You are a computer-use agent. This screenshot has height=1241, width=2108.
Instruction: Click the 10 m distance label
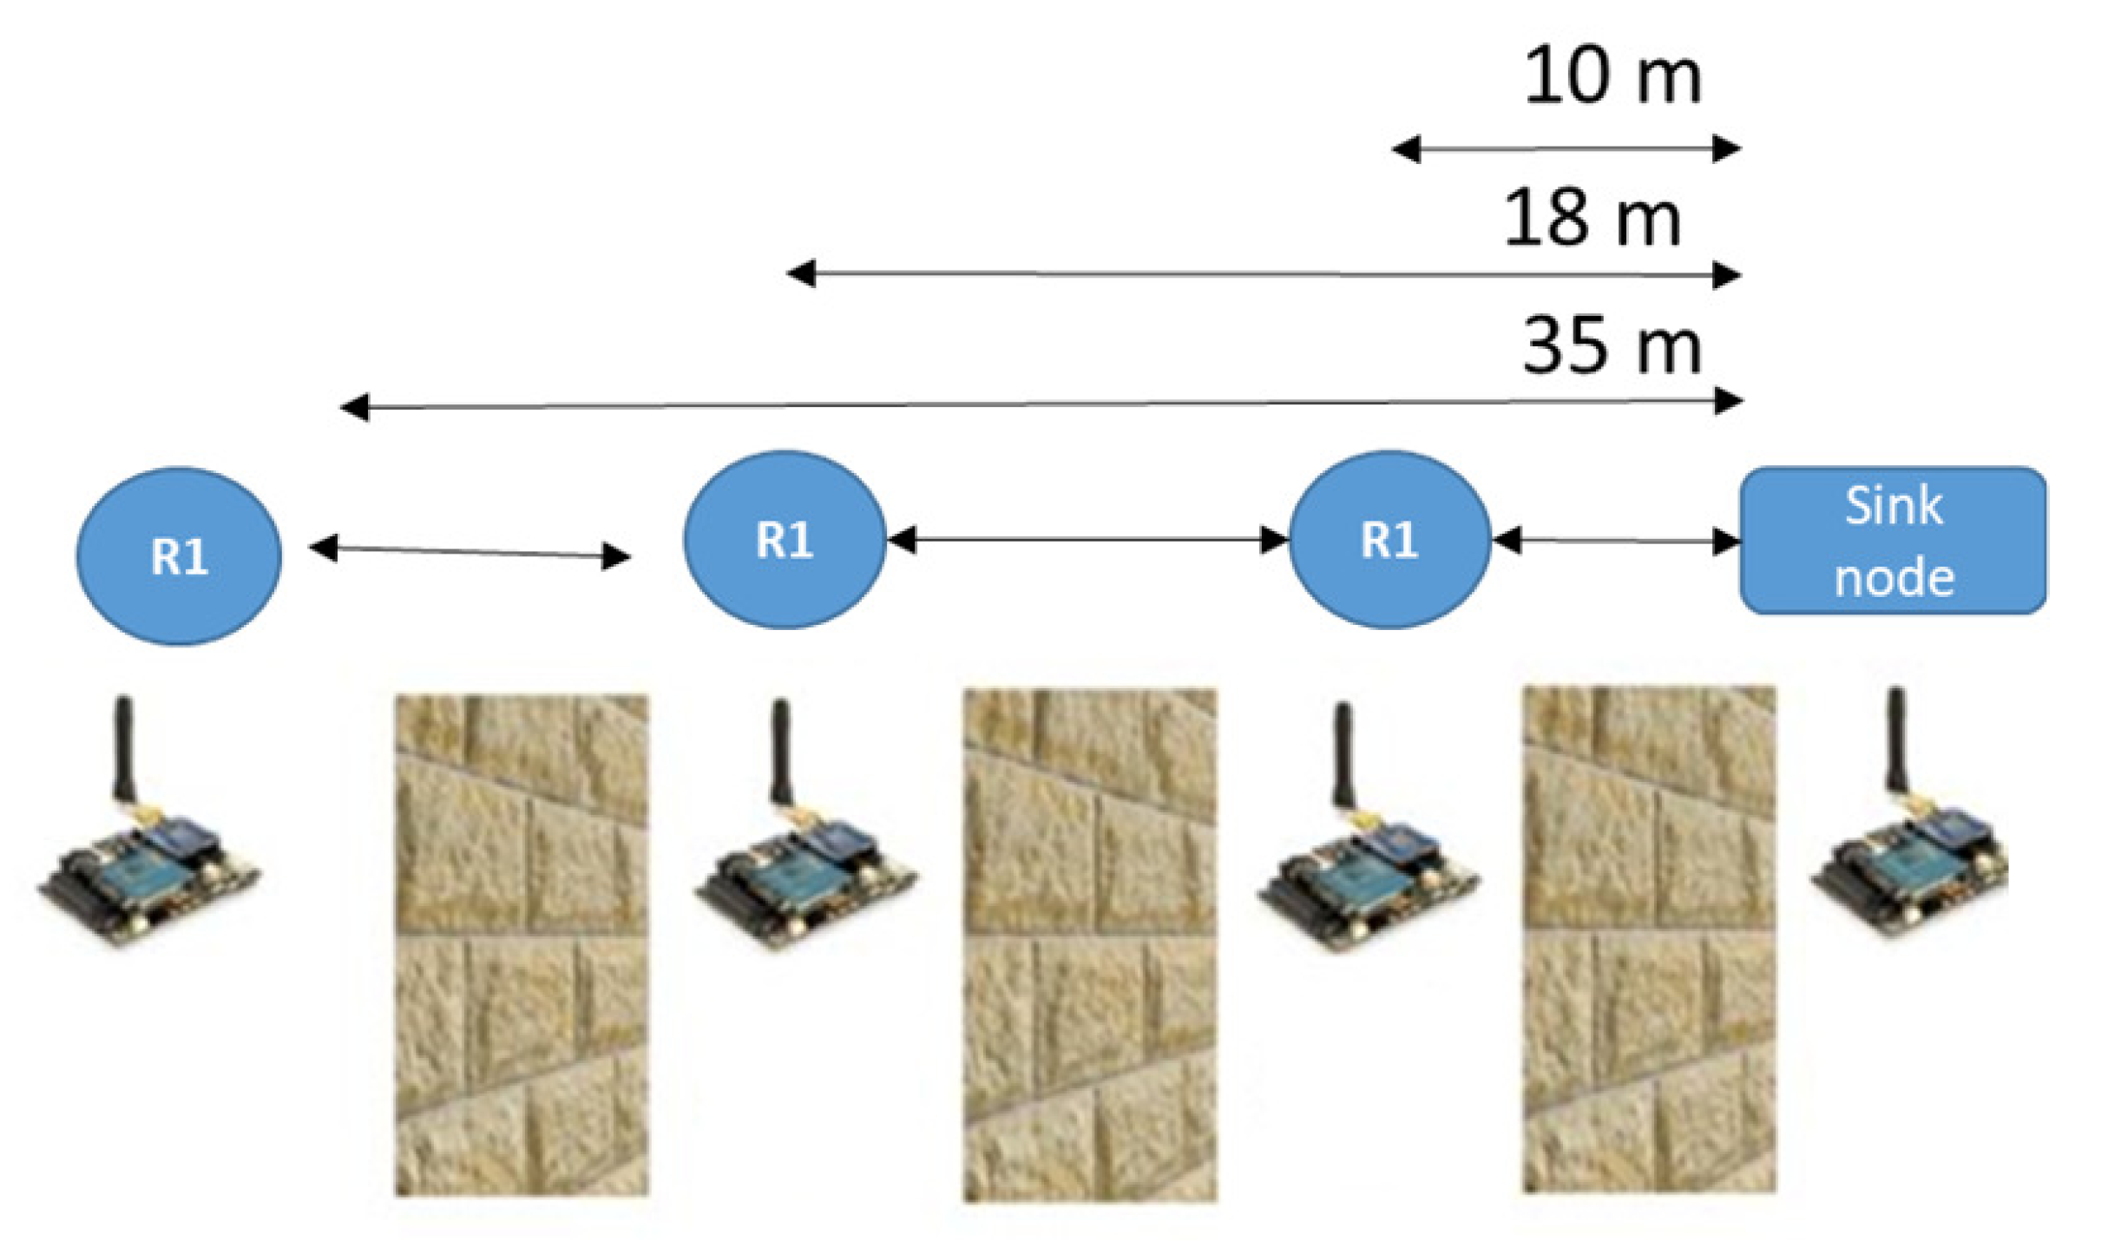click(x=1612, y=76)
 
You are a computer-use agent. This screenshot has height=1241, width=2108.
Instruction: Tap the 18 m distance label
click(x=1592, y=218)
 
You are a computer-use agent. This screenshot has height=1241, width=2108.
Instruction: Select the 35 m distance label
click(x=1612, y=346)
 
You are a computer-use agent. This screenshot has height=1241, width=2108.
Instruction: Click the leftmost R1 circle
click(x=179, y=556)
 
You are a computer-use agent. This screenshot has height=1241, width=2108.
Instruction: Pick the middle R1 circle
click(x=785, y=540)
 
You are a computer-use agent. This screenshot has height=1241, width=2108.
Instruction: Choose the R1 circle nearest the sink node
click(x=1389, y=540)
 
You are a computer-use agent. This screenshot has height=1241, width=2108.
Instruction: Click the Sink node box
click(x=1894, y=541)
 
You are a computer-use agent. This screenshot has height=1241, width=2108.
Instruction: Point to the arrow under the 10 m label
click(x=1566, y=149)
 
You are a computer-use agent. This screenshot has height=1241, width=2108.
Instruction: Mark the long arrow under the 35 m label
click(x=1041, y=404)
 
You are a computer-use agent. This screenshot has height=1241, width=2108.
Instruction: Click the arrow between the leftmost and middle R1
click(x=470, y=551)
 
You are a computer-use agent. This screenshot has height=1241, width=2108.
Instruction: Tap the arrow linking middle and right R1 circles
click(x=1087, y=540)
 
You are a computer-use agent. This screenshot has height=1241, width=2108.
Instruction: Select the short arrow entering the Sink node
click(x=1616, y=541)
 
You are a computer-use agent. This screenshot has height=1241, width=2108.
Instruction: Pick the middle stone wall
click(x=1090, y=946)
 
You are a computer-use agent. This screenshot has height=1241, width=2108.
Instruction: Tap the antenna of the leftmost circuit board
click(x=125, y=750)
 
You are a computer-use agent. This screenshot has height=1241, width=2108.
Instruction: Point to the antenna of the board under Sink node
click(x=1896, y=742)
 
